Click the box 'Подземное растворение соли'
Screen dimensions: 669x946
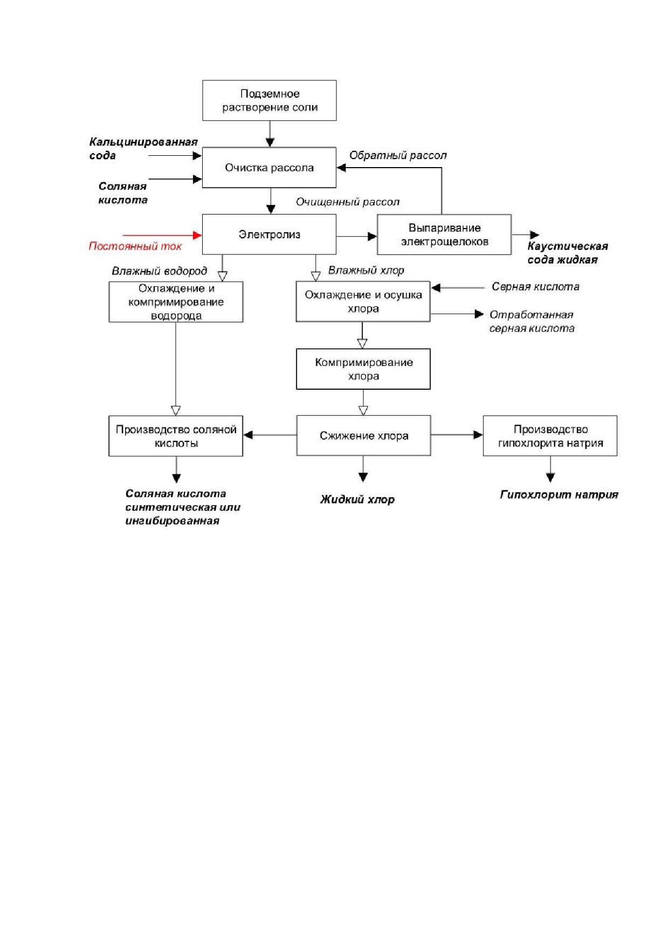[x=270, y=100]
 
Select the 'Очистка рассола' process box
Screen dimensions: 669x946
[x=269, y=168]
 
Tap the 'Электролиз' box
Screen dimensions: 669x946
[x=269, y=234]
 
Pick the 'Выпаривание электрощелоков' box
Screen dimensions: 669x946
[x=444, y=234]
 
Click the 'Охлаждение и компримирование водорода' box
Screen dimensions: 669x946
[x=176, y=302]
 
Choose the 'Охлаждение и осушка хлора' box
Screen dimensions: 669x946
[x=363, y=301]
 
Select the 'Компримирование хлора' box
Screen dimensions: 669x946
[x=363, y=369]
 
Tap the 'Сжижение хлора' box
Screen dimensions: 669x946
[x=363, y=436]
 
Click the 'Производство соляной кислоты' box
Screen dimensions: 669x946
[x=176, y=436]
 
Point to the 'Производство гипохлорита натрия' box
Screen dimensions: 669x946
[x=550, y=436]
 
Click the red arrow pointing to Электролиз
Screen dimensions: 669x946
[x=162, y=235]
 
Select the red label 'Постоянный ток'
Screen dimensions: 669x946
[x=135, y=246]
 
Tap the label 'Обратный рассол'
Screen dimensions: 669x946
[x=398, y=155]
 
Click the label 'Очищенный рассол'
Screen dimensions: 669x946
[x=348, y=202]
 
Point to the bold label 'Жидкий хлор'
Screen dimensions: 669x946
[x=357, y=500]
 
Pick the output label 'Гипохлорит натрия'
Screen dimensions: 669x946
[x=559, y=494]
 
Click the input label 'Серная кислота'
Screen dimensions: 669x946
[x=535, y=287]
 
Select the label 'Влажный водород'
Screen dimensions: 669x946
[x=160, y=271]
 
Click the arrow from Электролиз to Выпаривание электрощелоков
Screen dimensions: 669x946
[x=356, y=236]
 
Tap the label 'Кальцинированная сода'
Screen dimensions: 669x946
[x=143, y=149]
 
